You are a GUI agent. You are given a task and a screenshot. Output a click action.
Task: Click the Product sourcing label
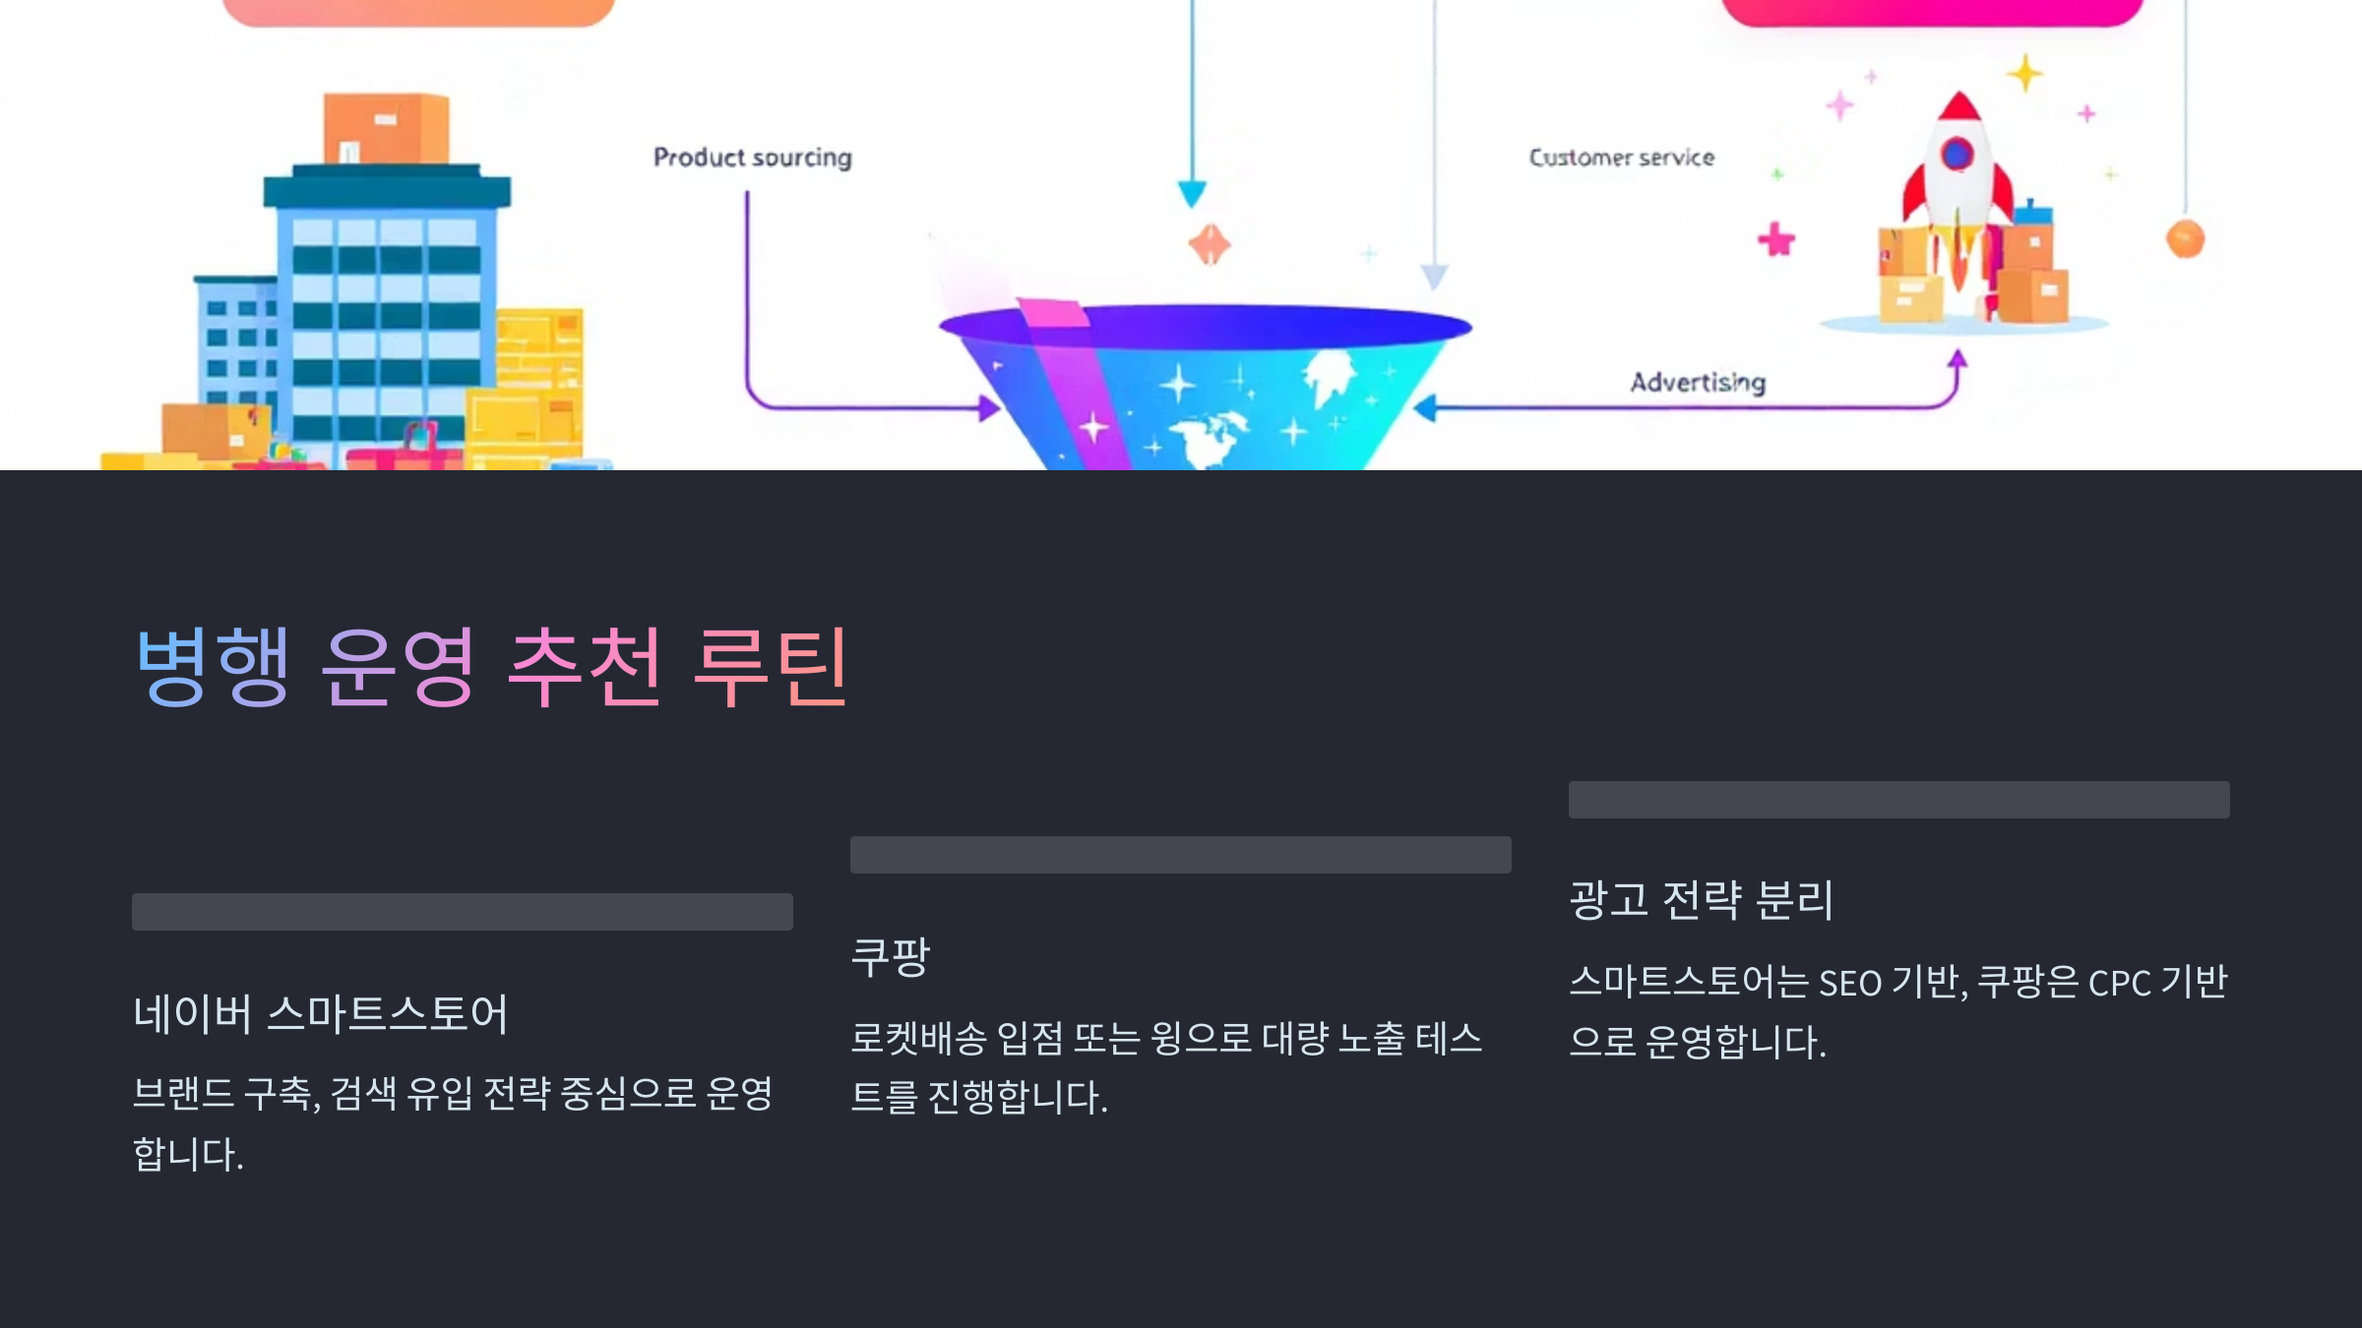753,157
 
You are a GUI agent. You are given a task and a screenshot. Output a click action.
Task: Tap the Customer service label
1621,157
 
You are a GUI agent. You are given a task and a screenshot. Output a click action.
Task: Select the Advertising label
1698,382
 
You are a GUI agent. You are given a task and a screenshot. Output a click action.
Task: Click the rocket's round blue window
1957,154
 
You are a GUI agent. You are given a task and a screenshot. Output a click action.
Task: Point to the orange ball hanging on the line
2185,239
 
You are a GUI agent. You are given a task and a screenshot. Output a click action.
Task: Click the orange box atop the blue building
386,128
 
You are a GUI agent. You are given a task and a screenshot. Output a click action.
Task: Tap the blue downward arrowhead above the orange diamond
1192,193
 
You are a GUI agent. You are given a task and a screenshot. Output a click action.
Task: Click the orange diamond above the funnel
1210,244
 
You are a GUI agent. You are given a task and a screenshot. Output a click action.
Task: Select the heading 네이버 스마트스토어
320,1013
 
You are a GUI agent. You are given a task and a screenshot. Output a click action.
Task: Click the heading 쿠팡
890,956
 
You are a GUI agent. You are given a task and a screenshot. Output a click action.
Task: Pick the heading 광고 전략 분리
1701,900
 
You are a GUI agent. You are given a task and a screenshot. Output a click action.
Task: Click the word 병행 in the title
213,667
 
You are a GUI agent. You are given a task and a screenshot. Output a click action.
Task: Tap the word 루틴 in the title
770,667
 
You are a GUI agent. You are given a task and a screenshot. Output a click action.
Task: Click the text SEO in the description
1849,983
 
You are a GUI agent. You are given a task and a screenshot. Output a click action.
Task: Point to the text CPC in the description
2119,983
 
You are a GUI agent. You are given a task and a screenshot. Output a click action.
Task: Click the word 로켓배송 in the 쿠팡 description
918,1039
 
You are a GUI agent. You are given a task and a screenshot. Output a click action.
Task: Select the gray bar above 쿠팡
1180,855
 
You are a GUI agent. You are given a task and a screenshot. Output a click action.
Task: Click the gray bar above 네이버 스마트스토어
462,912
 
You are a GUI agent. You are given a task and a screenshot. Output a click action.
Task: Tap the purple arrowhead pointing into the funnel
988,407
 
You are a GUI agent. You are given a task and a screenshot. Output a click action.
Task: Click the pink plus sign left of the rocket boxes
1776,239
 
